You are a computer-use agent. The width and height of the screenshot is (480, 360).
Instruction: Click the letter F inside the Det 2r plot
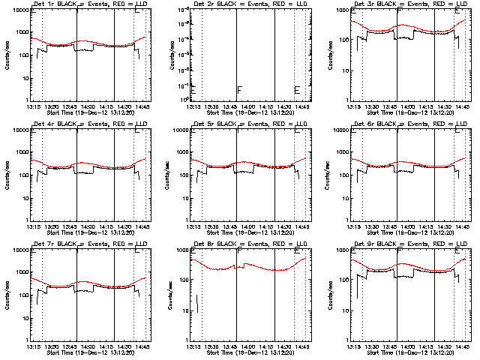(x=239, y=90)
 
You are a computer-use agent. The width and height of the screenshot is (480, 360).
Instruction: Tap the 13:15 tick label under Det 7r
(x=34, y=346)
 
